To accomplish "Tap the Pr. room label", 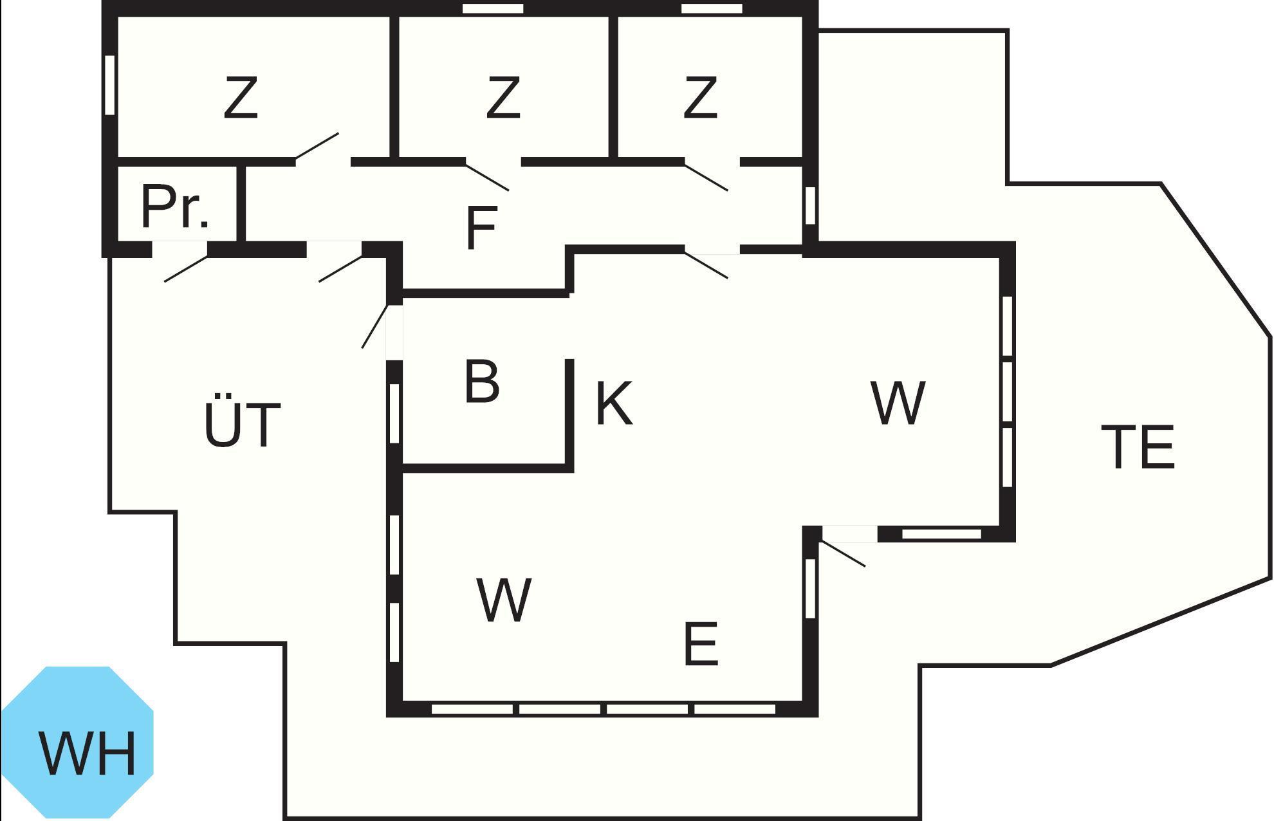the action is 175,207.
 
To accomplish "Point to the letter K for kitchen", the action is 614,403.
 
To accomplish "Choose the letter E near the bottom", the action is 700,643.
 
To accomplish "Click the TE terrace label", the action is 1138,447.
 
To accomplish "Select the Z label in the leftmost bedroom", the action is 241,97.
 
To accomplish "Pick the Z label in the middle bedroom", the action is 503,97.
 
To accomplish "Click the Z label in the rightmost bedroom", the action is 700,97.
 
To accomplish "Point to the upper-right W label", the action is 898,403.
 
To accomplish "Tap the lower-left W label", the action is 504,600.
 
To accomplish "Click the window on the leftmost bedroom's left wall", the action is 110,85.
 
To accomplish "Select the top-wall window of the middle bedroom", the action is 494,8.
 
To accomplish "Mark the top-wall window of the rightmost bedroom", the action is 712,8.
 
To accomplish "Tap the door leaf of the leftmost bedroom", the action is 317,145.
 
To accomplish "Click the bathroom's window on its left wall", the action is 395,413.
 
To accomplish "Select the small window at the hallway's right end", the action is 811,205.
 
